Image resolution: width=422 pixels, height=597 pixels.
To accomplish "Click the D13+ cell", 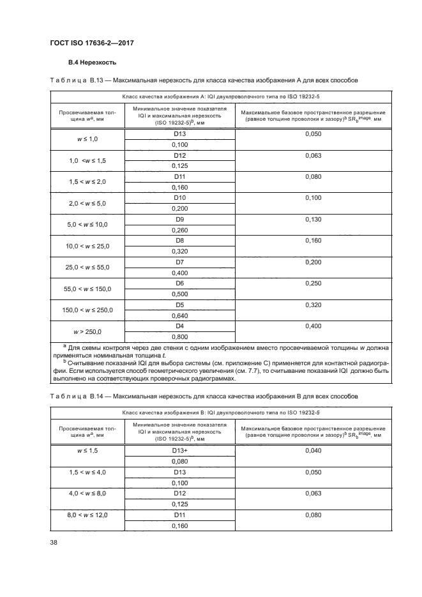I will (x=179, y=451).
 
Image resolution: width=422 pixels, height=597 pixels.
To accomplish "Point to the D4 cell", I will (x=179, y=326).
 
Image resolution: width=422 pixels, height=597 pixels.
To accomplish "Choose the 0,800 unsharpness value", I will (x=179, y=336).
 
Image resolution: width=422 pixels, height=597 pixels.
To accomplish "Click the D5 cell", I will (x=179, y=305).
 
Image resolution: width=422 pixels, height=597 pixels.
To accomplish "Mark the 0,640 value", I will (x=179, y=315).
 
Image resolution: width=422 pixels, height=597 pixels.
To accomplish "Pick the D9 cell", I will (x=179, y=219).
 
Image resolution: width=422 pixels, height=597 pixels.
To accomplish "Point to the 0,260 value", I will (x=179, y=230).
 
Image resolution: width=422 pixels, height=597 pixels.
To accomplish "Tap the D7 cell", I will (x=179, y=262).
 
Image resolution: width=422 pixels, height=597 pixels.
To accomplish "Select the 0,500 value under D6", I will (x=179, y=294).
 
